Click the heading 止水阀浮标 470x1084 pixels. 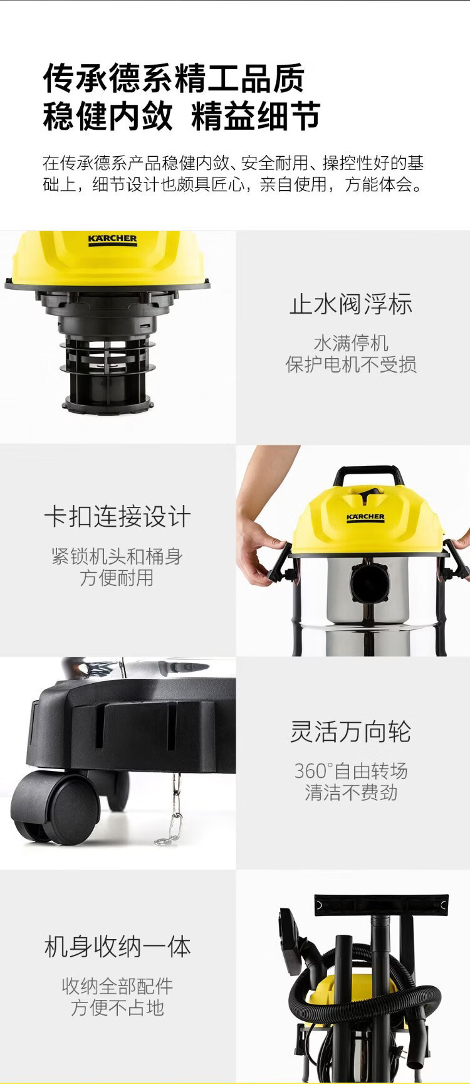[351, 304]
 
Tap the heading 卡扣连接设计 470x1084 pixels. [117, 517]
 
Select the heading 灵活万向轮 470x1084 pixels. [351, 731]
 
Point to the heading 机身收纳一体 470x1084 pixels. [117, 947]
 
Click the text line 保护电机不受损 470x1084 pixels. [351, 364]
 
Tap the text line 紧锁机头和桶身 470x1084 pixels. [117, 556]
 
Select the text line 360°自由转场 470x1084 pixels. [351, 771]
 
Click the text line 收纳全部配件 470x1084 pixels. [117, 986]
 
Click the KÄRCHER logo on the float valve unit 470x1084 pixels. [112, 240]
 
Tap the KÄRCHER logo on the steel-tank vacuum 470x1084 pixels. [366, 518]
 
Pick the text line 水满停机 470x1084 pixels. [351, 343]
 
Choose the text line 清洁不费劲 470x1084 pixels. [351, 792]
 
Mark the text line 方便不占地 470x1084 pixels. [117, 1007]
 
